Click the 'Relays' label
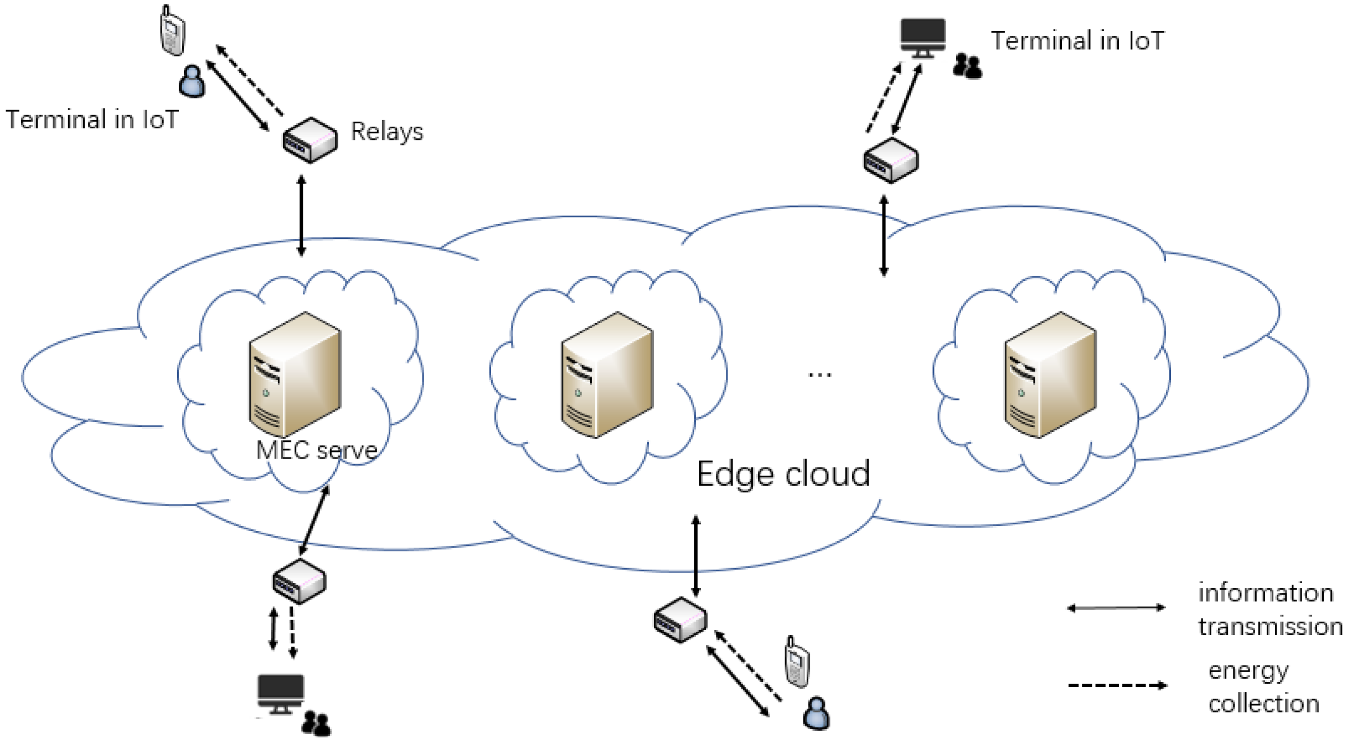click(x=386, y=132)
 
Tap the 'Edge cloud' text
click(x=783, y=474)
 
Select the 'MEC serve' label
click(x=316, y=450)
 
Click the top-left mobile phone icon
click(x=172, y=31)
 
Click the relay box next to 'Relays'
click(x=309, y=140)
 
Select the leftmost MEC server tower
click(x=295, y=374)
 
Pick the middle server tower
click(x=607, y=374)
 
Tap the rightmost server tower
click(x=1050, y=374)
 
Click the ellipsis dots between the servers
click(x=819, y=375)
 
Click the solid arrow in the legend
click(x=1116, y=608)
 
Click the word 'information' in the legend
click(x=1265, y=593)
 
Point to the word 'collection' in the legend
click(x=1263, y=704)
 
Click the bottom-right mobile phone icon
click(x=797, y=662)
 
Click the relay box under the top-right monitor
click(x=891, y=160)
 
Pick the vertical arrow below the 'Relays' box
click(x=301, y=216)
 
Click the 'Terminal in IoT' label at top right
click(x=1077, y=41)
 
